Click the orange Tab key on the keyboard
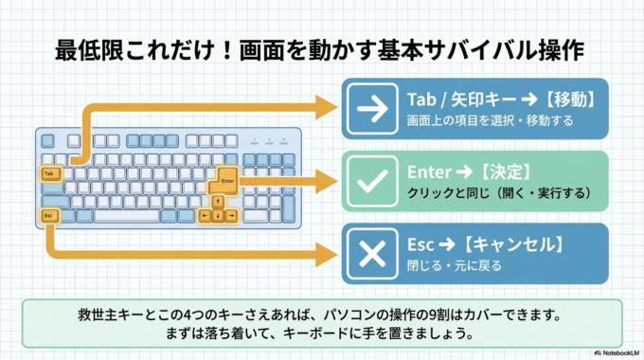[50, 173]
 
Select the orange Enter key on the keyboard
[224, 180]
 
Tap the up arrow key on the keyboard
[218, 201]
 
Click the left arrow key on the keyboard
[204, 216]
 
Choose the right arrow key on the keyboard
[232, 216]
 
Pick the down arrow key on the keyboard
[218, 216]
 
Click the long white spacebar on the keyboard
[128, 216]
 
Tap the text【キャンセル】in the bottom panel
[516, 243]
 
